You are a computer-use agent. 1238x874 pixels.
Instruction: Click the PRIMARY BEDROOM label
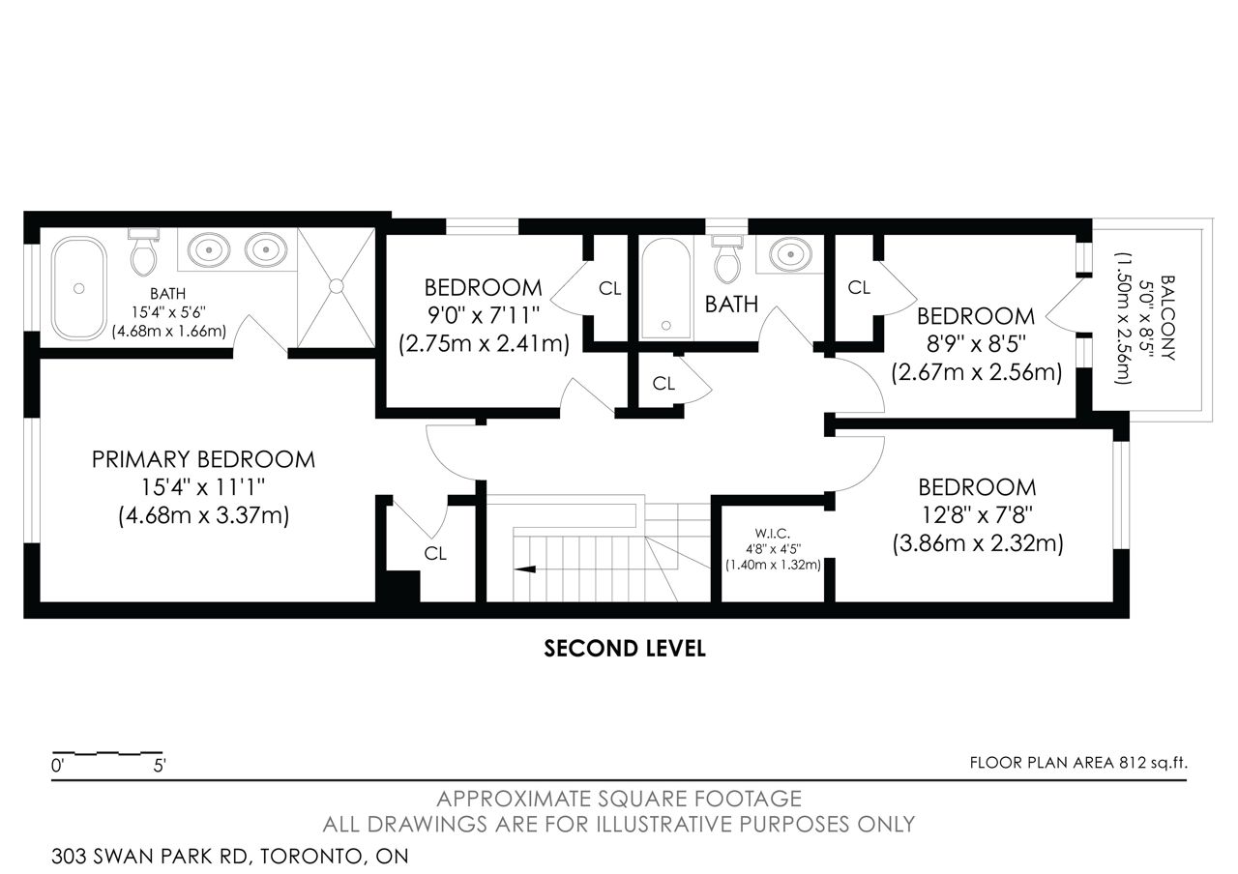(x=203, y=459)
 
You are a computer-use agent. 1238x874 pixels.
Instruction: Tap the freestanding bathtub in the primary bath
(x=79, y=288)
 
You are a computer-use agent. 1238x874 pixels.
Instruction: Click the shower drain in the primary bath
(x=336, y=286)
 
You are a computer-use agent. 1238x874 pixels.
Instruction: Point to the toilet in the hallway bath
(x=727, y=260)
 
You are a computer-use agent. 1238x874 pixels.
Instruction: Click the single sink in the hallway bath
(x=791, y=254)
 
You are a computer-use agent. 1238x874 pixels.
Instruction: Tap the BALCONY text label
(x=1167, y=318)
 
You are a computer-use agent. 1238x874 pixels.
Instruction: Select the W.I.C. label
(x=773, y=534)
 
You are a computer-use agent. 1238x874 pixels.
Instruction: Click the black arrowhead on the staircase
(x=525, y=569)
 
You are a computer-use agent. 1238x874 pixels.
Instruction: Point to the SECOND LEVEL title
(x=625, y=649)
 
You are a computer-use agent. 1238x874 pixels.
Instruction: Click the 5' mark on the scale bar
(x=160, y=766)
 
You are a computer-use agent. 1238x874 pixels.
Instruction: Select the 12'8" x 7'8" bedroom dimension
(x=977, y=515)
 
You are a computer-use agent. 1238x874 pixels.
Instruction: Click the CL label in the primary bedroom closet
(x=435, y=553)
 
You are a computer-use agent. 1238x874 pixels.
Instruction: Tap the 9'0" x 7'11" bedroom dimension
(x=484, y=315)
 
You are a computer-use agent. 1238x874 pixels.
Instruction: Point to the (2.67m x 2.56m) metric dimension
(x=977, y=372)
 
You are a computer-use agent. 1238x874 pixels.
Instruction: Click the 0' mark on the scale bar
(x=58, y=766)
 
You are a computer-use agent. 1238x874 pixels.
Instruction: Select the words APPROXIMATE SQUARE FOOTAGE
(x=619, y=799)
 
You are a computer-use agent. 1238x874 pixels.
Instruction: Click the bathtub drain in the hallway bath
(x=666, y=326)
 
